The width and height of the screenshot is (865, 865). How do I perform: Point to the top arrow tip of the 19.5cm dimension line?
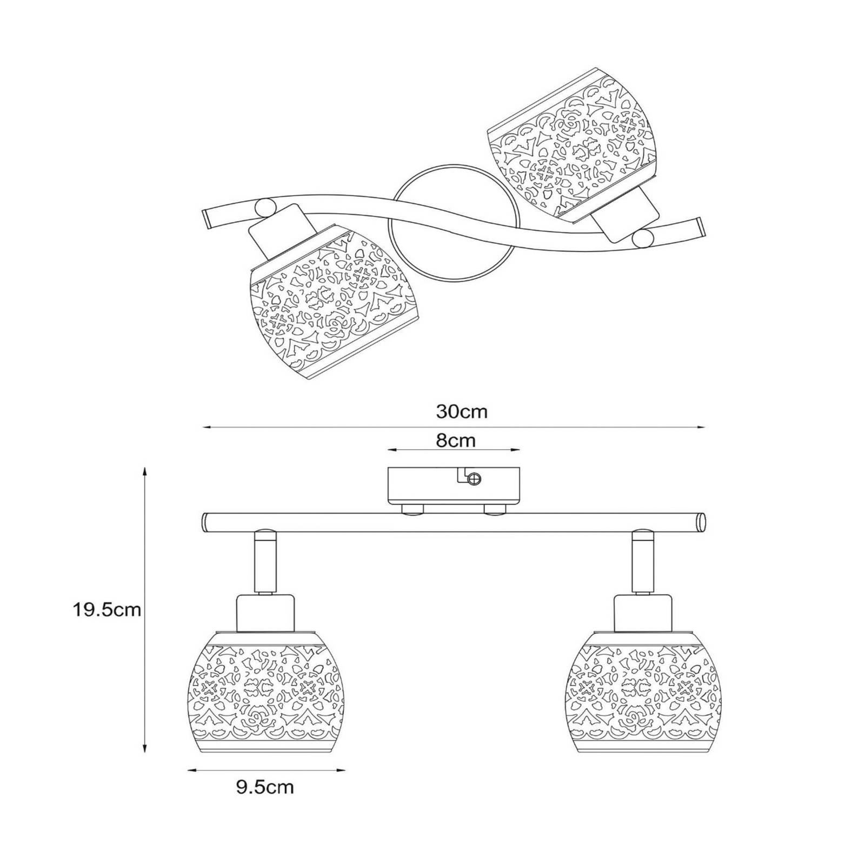pyautogui.click(x=144, y=468)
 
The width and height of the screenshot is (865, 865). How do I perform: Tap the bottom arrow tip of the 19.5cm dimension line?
pyautogui.click(x=144, y=753)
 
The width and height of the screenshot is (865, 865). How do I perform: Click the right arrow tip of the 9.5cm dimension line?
pyautogui.click(x=345, y=769)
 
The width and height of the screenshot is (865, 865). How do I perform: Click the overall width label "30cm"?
pyautogui.click(x=462, y=412)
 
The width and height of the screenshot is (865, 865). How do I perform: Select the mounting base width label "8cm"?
pyautogui.click(x=456, y=441)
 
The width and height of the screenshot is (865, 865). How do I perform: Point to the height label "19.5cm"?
pyautogui.click(x=107, y=610)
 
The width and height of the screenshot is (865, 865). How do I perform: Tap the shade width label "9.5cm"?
pyautogui.click(x=265, y=787)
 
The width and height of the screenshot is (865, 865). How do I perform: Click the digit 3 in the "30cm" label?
pyautogui.click(x=441, y=412)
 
